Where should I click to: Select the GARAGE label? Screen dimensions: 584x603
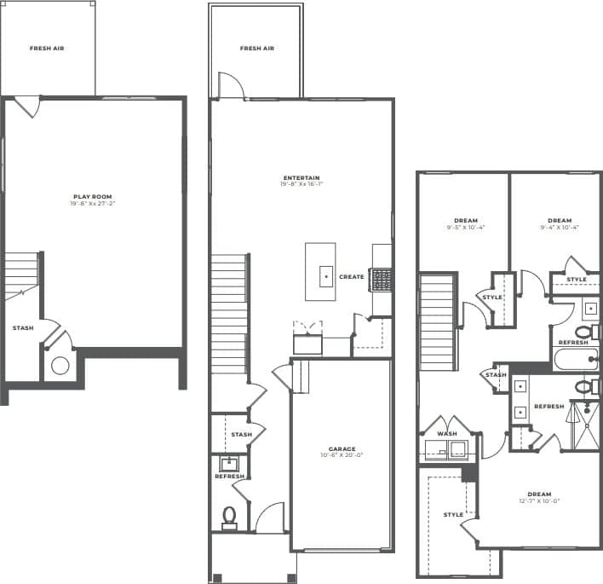[342, 448]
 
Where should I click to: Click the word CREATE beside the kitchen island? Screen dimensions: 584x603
[352, 276]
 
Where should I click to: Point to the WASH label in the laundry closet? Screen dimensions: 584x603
[446, 433]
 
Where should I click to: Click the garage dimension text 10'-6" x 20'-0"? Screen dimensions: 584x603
[342, 455]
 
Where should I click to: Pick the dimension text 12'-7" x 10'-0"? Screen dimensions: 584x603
[538, 501]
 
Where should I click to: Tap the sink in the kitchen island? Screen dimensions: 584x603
[325, 277]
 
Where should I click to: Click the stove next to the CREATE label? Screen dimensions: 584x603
[381, 279]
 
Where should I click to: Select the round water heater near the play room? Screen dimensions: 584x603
[60, 367]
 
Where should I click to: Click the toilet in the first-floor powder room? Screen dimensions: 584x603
[229, 515]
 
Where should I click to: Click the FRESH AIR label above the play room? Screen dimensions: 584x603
[47, 49]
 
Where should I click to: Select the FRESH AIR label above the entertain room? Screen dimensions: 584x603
[256, 49]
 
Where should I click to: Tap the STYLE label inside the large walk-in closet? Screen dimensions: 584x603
[453, 514]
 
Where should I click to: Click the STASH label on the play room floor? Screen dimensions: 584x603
[23, 327]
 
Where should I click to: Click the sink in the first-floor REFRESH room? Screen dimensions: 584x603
[227, 465]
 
